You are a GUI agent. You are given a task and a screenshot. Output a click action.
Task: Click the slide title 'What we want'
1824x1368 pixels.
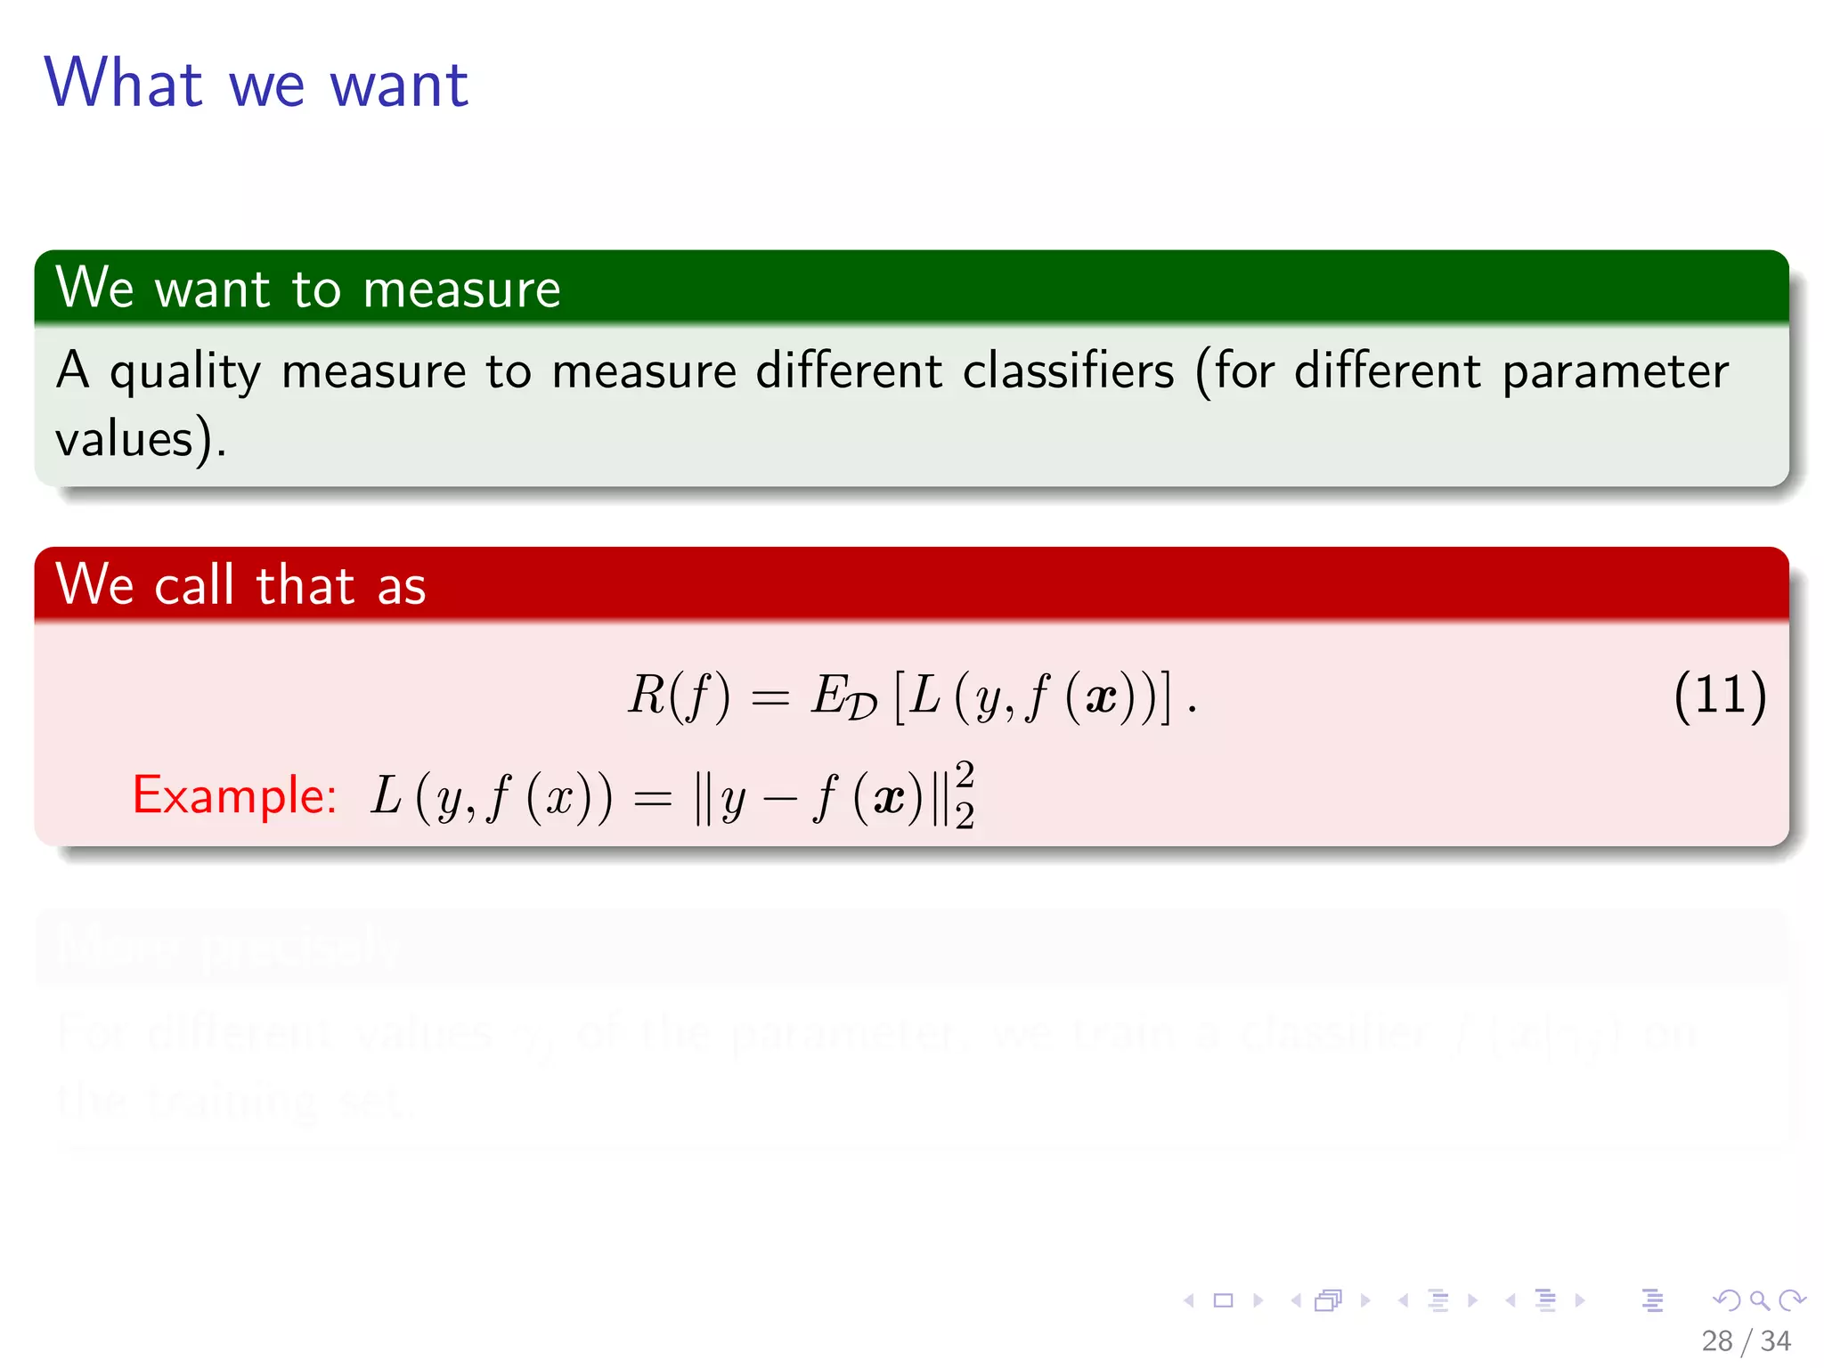(256, 84)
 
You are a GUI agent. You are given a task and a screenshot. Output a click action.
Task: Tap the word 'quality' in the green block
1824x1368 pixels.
(185, 372)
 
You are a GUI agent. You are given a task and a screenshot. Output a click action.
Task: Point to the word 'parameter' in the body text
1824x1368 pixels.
(1615, 372)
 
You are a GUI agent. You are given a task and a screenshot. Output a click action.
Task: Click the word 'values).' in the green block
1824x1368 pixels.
(141, 439)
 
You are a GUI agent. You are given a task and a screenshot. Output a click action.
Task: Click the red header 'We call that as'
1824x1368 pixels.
(240, 585)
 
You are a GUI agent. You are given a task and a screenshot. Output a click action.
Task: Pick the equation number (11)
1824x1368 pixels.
(1720, 695)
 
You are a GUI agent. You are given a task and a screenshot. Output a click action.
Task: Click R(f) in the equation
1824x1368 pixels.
(679, 695)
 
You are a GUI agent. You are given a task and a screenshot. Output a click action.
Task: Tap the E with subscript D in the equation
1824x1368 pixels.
(843, 696)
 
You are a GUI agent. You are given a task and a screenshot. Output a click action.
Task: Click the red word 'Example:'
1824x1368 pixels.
(234, 794)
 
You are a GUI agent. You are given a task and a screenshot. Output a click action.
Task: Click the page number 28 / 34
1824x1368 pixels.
(1746, 1340)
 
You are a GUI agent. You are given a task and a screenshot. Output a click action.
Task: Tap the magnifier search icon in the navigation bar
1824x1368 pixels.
(1759, 1300)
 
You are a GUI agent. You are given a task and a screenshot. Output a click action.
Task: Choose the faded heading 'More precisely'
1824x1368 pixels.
(228, 946)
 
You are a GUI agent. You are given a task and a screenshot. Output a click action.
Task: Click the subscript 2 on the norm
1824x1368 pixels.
(965, 815)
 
